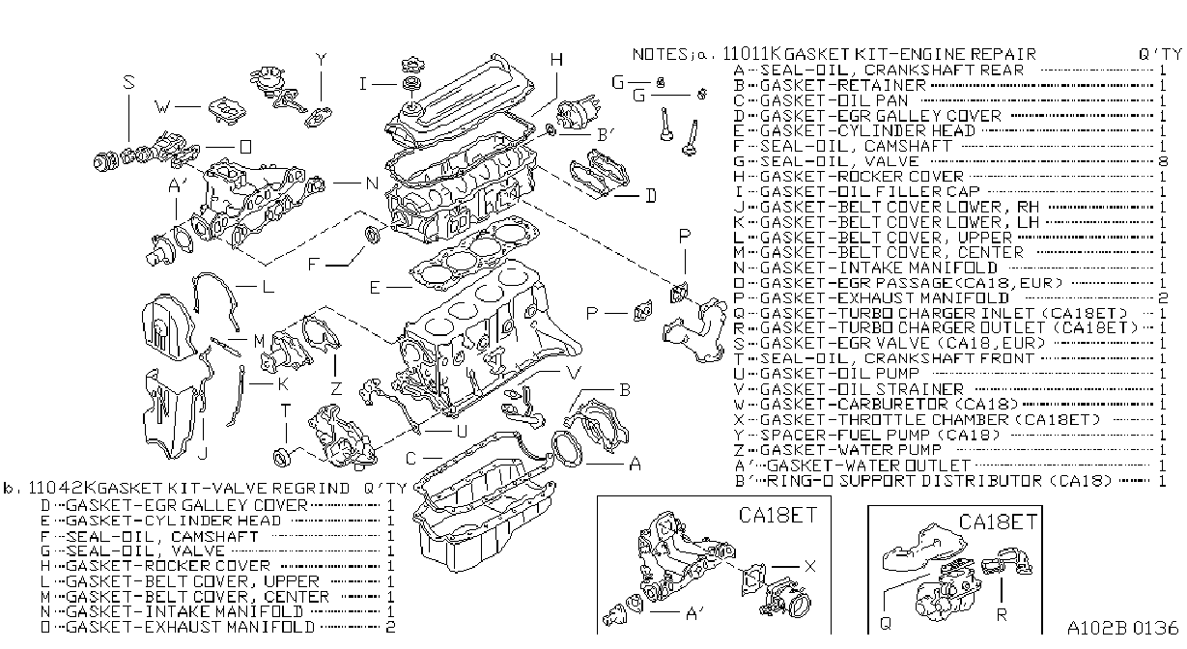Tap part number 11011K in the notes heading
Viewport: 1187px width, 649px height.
(x=752, y=53)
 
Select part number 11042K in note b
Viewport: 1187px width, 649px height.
(x=63, y=488)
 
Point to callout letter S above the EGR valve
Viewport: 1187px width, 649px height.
(x=128, y=82)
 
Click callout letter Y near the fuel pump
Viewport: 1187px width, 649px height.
(x=321, y=60)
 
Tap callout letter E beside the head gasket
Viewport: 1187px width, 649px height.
(x=375, y=288)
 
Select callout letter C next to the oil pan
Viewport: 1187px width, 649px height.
(x=410, y=459)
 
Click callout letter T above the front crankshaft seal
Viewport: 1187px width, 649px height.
(x=286, y=410)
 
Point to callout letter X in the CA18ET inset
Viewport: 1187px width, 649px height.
(x=809, y=566)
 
